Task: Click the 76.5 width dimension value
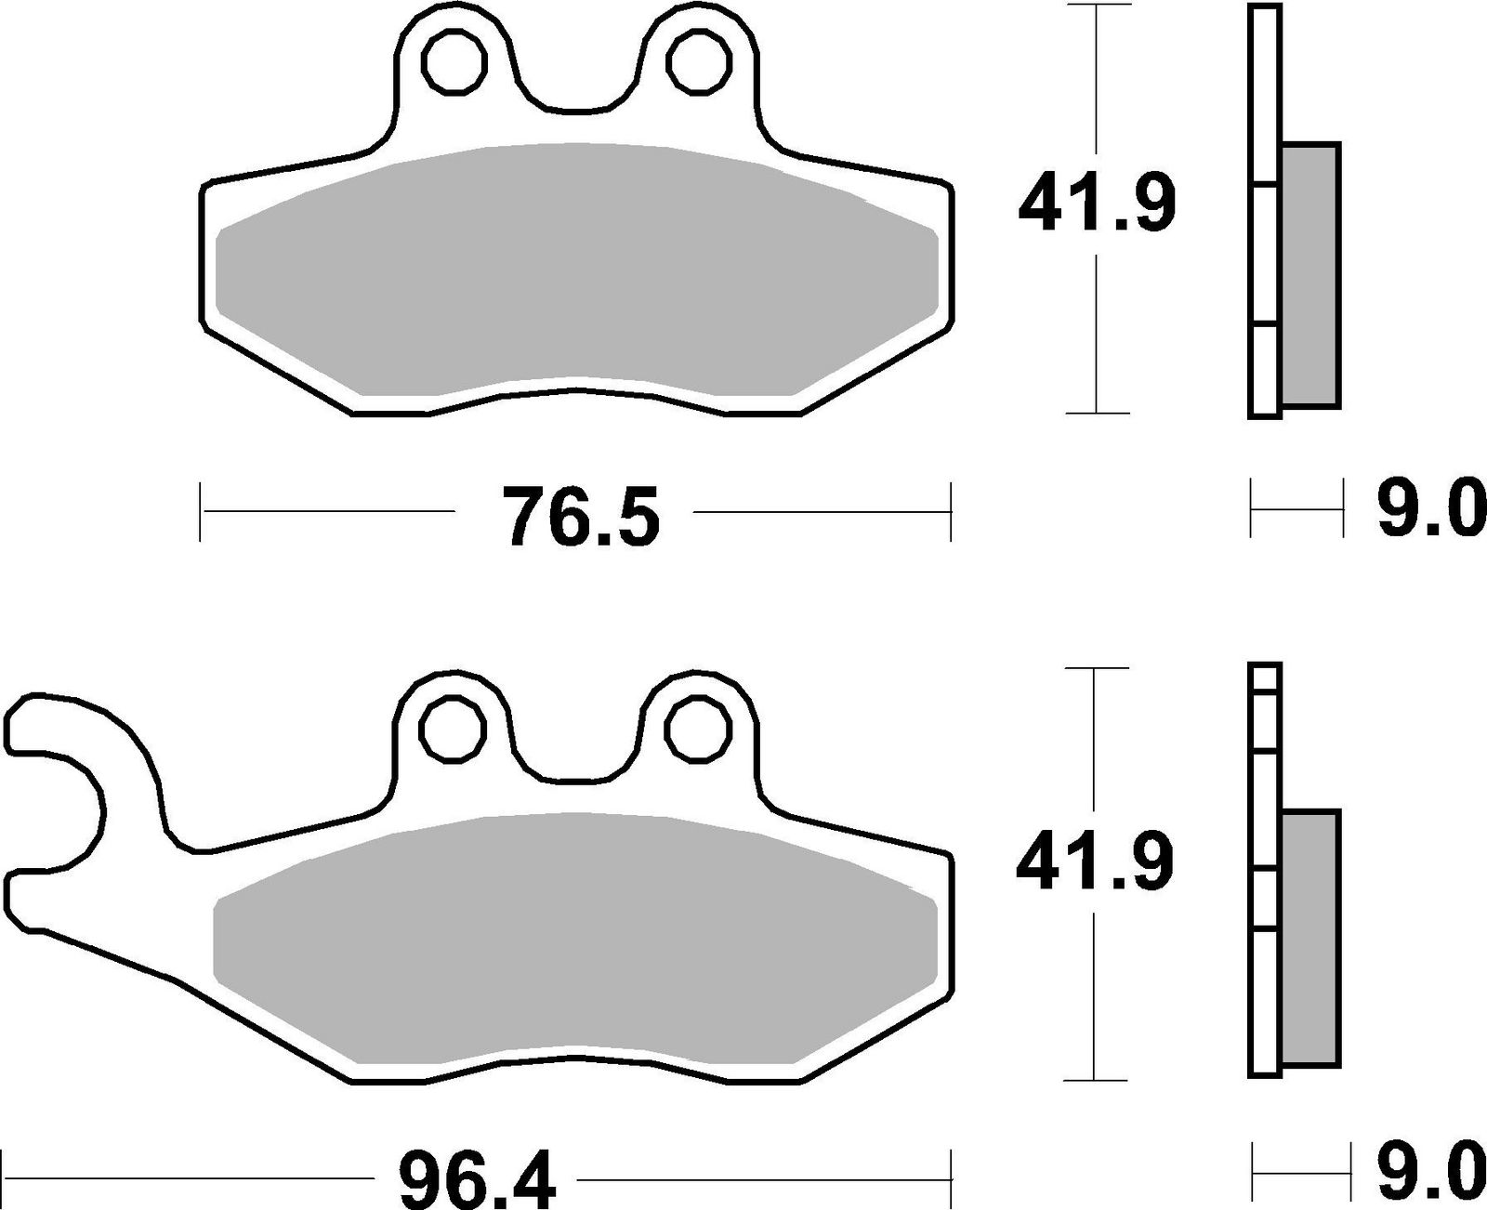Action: click(581, 516)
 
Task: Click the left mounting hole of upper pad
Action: click(454, 61)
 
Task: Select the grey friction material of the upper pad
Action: click(576, 270)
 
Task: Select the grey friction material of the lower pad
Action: click(576, 934)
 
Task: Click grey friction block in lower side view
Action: click(1310, 939)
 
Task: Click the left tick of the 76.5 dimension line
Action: click(201, 510)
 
